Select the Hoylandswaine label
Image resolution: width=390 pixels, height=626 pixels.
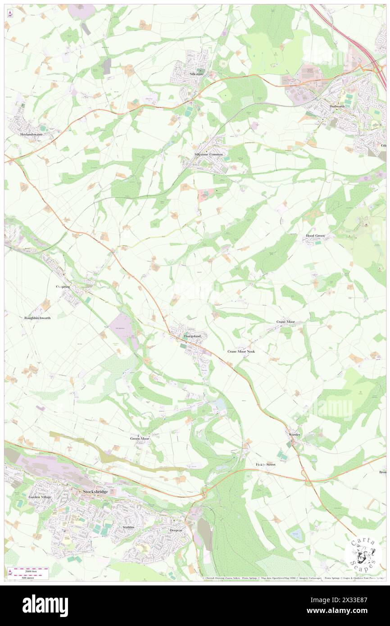point(29,134)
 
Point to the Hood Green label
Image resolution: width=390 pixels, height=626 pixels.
point(315,236)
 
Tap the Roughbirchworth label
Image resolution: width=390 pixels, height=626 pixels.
point(37,318)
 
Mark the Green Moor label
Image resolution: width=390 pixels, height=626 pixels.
point(140,438)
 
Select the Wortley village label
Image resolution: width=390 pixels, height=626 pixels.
point(294,434)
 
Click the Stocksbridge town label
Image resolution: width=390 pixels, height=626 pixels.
point(95,491)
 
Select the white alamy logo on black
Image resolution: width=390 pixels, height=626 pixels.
point(45,606)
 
